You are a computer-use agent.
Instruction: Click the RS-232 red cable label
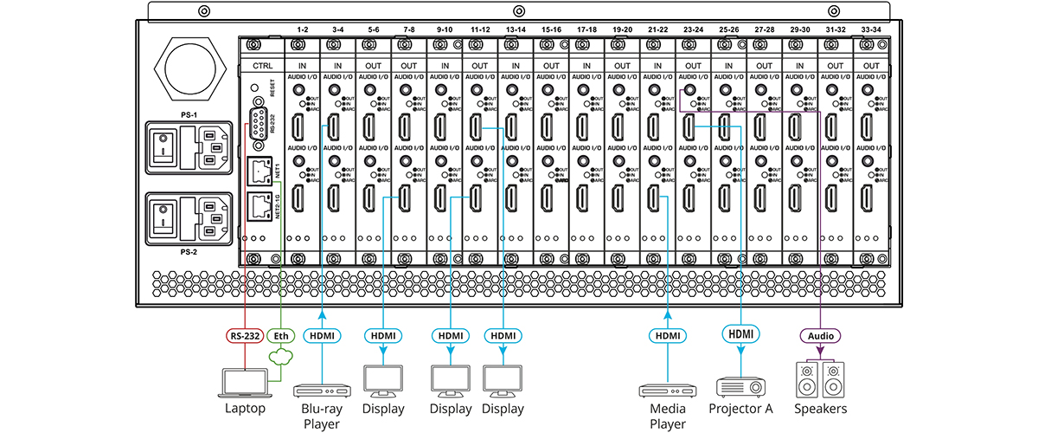(244, 334)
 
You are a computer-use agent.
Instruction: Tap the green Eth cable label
(280, 334)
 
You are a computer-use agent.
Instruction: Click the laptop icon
(247, 381)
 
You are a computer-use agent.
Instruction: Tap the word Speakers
(818, 409)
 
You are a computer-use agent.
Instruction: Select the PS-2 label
(189, 253)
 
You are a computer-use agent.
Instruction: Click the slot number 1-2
(302, 29)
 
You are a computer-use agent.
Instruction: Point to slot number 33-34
(870, 29)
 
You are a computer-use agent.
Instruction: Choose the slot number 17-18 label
(586, 29)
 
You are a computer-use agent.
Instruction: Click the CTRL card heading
(261, 66)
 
